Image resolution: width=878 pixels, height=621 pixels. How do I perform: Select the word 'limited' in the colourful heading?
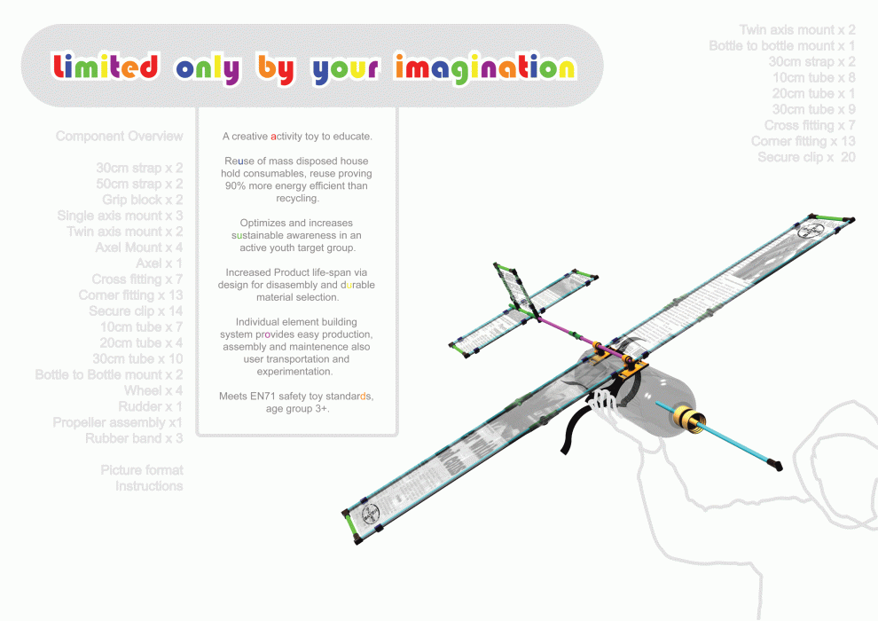[106, 67]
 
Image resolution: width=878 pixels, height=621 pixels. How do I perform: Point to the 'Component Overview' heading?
[119, 137]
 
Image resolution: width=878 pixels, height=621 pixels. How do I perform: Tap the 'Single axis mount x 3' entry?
[120, 216]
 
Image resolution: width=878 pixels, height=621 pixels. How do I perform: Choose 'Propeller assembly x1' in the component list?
[117, 422]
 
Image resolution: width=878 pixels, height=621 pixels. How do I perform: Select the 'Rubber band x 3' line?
[134, 438]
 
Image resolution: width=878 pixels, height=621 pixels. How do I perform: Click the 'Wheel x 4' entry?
[153, 390]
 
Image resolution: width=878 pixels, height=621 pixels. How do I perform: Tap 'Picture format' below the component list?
[142, 470]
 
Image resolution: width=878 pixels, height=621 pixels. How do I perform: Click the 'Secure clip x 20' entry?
[806, 157]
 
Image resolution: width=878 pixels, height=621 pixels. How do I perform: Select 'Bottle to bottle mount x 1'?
[781, 46]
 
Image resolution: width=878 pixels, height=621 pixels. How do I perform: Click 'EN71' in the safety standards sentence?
[265, 396]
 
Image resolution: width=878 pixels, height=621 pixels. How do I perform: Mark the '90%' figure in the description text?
[234, 186]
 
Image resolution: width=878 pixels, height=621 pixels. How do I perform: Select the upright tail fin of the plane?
[515, 286]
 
